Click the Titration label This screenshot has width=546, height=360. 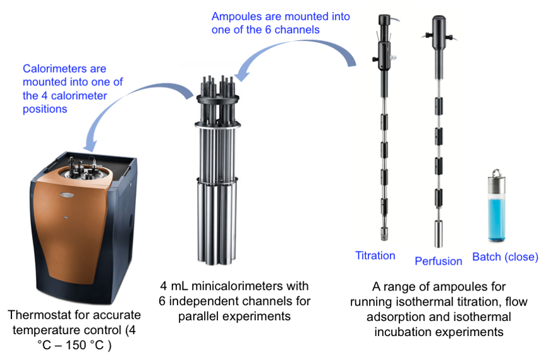tap(375, 256)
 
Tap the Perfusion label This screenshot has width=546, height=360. tap(439, 261)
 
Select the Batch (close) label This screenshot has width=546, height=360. tap(506, 257)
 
